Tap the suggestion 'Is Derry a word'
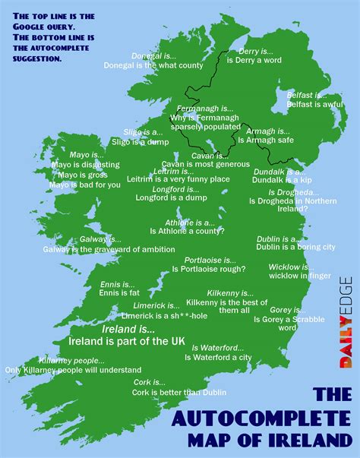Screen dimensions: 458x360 (x=240, y=60)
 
